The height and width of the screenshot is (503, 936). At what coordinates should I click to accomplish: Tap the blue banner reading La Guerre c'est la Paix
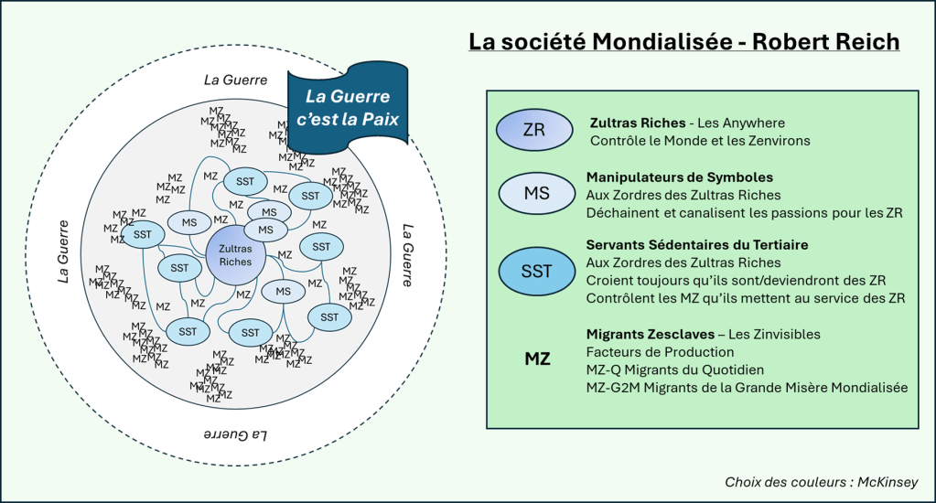coord(347,107)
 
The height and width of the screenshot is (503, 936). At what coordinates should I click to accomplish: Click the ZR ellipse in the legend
coord(533,130)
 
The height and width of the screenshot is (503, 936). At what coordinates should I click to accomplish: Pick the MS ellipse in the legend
coord(536,193)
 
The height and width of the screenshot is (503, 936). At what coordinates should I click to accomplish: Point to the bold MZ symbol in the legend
coord(537,359)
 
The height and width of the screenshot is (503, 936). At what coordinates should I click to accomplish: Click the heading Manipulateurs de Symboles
coord(679,177)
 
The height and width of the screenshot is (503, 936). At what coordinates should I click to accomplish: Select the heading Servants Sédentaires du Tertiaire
coord(696,245)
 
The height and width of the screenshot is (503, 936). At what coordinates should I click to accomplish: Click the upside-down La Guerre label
coord(233,433)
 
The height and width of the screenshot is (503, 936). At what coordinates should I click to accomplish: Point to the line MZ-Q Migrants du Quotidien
coord(674,369)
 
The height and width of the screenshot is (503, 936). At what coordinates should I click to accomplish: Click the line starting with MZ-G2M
coord(746,388)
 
